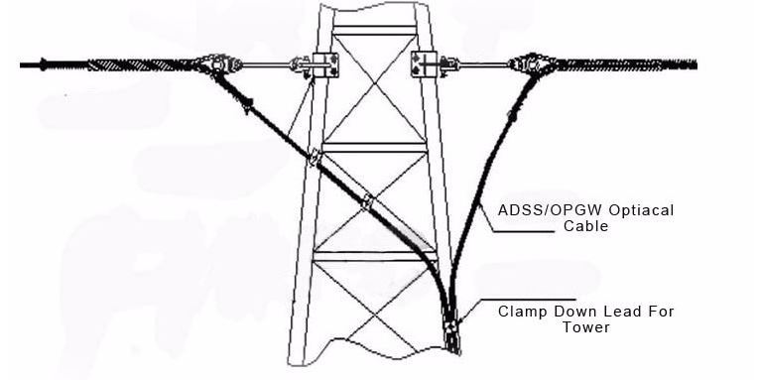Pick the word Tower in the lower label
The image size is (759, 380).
pos(586,326)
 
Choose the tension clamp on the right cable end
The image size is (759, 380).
pos(528,66)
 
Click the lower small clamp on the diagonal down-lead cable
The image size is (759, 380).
pos(369,201)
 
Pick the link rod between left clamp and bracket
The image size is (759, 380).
pos(266,66)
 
